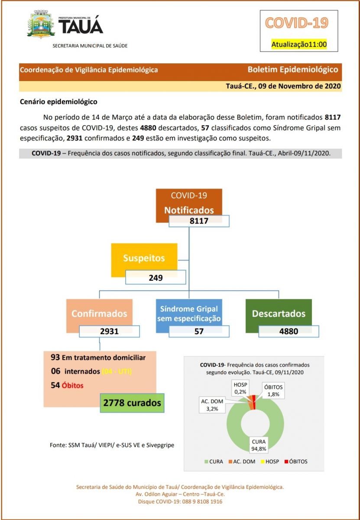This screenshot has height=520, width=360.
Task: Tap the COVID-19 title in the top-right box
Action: coord(296,23)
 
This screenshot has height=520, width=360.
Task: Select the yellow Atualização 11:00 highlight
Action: coord(298,44)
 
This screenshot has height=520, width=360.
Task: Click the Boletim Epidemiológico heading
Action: coord(293,69)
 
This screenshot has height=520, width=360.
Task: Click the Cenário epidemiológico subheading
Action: coord(59,102)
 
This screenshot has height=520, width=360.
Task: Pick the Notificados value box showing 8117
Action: coord(199,221)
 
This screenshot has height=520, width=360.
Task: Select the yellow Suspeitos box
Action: coord(144,258)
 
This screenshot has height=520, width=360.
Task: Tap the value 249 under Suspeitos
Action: coord(155,277)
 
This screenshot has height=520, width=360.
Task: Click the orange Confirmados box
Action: coord(99,313)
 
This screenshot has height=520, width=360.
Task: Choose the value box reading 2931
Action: coord(109,331)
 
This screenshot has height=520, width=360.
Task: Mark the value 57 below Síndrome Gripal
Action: coord(199,331)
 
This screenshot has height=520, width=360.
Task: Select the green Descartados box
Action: coord(279,313)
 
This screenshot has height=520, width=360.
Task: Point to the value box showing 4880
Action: coord(289,331)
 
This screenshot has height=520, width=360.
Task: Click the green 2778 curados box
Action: coord(132,403)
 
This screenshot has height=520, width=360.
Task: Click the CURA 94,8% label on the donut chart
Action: coord(259,444)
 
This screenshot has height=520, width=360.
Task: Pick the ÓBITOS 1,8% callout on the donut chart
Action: coord(274,391)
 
